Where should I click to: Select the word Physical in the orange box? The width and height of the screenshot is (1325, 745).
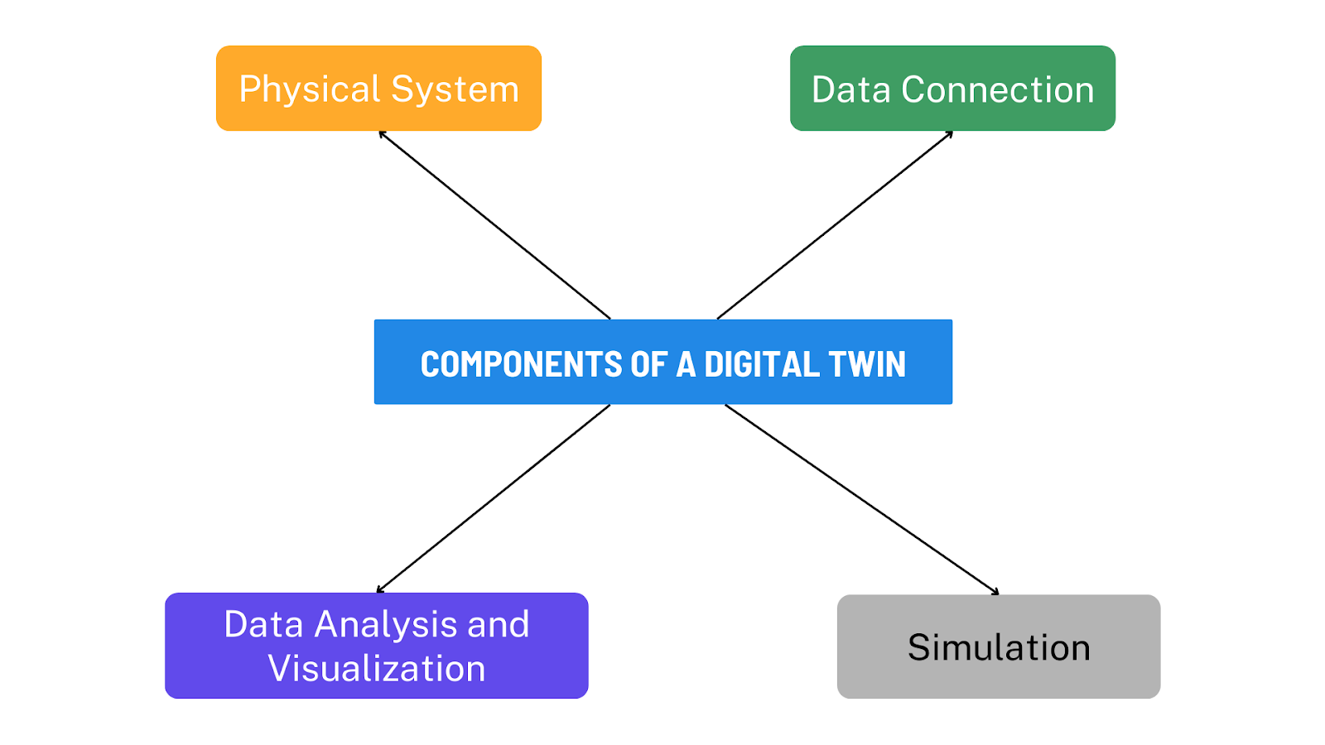point(309,89)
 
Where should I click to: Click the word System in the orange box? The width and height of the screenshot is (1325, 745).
point(455,89)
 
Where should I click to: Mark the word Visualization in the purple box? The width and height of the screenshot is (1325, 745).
point(377,668)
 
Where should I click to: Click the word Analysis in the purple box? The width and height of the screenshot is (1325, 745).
point(387,624)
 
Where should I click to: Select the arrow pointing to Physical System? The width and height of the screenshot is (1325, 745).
point(494,224)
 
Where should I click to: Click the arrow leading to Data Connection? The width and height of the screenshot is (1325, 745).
point(835,224)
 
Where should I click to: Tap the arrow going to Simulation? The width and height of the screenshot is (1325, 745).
point(861,499)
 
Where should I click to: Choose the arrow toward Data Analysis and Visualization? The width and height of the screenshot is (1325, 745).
point(494,498)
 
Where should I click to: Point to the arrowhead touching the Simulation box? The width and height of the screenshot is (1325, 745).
point(996,592)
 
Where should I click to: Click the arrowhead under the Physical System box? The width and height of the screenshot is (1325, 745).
point(382,133)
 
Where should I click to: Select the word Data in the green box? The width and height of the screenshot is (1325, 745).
point(850,89)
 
